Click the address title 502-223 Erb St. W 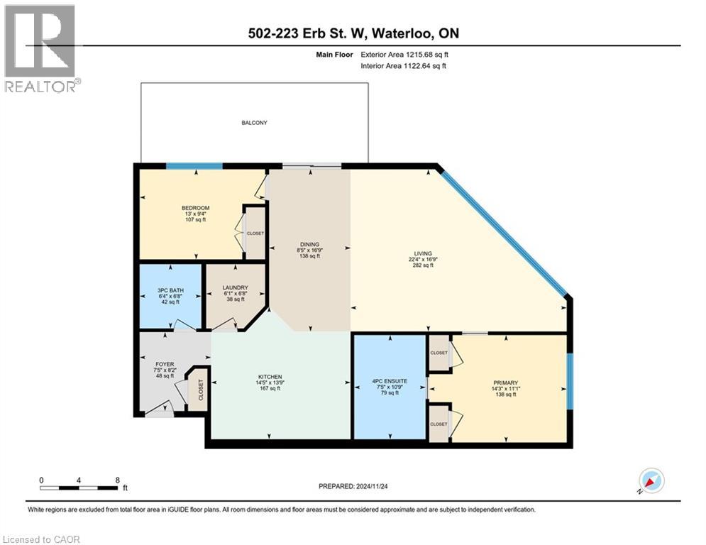[353, 33]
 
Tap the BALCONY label [254, 123]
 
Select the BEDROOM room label [195, 208]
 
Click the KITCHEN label [270, 377]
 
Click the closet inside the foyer [200, 390]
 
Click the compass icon [650, 480]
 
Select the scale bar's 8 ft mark [116, 480]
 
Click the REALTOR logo [42, 48]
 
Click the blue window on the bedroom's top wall [194, 167]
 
